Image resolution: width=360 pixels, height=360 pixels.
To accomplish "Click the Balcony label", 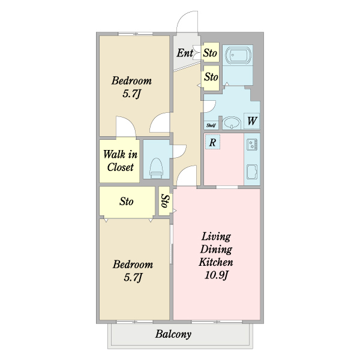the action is (x=173, y=334).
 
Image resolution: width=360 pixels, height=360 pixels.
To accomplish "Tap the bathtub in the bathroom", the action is (x=238, y=55).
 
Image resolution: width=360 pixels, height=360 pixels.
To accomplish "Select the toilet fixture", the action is (x=157, y=168).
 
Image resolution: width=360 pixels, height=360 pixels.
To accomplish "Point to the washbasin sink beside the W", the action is (x=232, y=123).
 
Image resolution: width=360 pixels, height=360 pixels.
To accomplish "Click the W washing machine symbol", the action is (x=252, y=121).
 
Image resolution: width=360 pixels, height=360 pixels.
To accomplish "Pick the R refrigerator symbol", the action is (x=212, y=142).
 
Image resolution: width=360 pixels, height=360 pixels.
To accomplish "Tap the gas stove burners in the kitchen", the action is (x=252, y=145).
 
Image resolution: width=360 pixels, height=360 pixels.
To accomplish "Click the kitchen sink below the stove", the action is (x=252, y=172).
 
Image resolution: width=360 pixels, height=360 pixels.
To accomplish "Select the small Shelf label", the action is (x=211, y=125).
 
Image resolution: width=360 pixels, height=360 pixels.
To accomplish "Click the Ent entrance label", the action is (x=185, y=53).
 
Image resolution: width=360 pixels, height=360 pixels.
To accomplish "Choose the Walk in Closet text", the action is (x=121, y=161).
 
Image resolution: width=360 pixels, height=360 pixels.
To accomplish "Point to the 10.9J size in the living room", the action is (x=216, y=275).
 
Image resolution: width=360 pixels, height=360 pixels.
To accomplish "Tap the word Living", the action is (x=216, y=237).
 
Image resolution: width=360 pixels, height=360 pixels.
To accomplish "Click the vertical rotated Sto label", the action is (x=166, y=201).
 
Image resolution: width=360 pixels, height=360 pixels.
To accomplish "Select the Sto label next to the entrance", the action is (x=210, y=53).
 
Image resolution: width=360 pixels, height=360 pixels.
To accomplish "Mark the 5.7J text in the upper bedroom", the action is (x=131, y=94).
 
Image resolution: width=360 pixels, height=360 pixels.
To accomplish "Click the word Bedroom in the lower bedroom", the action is (x=133, y=265).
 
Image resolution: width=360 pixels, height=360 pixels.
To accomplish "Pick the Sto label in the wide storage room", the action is (x=126, y=202).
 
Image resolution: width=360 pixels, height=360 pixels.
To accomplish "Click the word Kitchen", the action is (x=216, y=262).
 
